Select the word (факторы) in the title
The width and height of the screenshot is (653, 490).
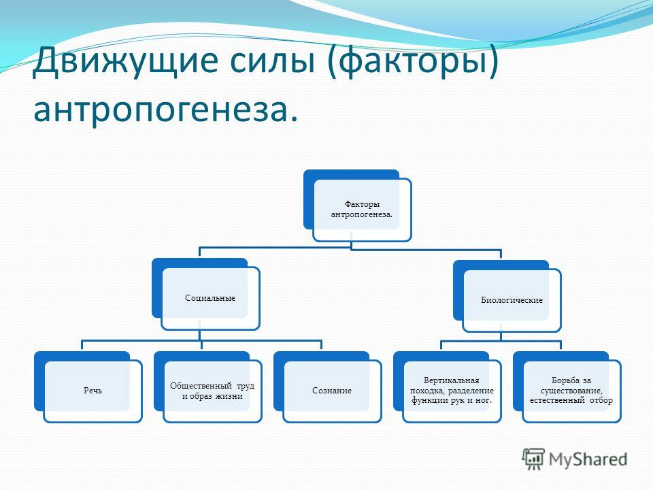(x=413, y=63)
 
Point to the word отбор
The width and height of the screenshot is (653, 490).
(x=601, y=400)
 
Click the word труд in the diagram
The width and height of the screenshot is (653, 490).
(x=246, y=386)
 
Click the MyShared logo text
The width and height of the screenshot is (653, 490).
(x=588, y=459)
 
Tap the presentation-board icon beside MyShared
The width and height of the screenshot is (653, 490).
(x=533, y=459)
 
